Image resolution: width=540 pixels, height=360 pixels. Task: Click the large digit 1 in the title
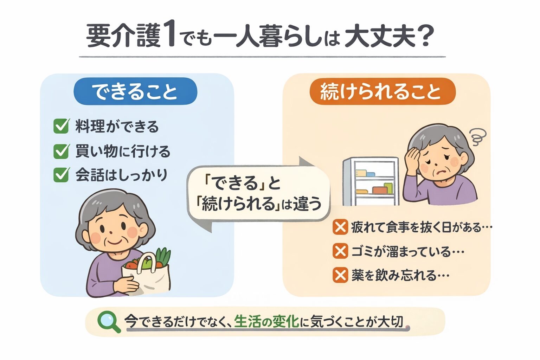click(x=168, y=36)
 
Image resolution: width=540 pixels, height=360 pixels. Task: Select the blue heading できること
click(x=135, y=91)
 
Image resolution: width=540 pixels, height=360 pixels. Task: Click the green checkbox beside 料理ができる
click(x=61, y=126)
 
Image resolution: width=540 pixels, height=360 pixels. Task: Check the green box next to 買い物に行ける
click(x=61, y=151)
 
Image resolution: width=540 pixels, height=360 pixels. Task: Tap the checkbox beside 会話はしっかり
click(x=61, y=175)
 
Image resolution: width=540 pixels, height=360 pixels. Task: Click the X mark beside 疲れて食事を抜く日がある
click(x=340, y=227)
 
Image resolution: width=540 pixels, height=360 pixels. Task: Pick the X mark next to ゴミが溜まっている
click(x=340, y=251)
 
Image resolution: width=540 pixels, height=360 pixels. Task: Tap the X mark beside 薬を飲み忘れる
click(x=340, y=275)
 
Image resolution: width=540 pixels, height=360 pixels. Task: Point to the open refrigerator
click(x=371, y=181)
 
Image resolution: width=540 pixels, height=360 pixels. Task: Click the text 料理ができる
click(x=117, y=127)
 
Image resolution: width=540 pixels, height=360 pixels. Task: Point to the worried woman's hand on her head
click(x=413, y=157)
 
